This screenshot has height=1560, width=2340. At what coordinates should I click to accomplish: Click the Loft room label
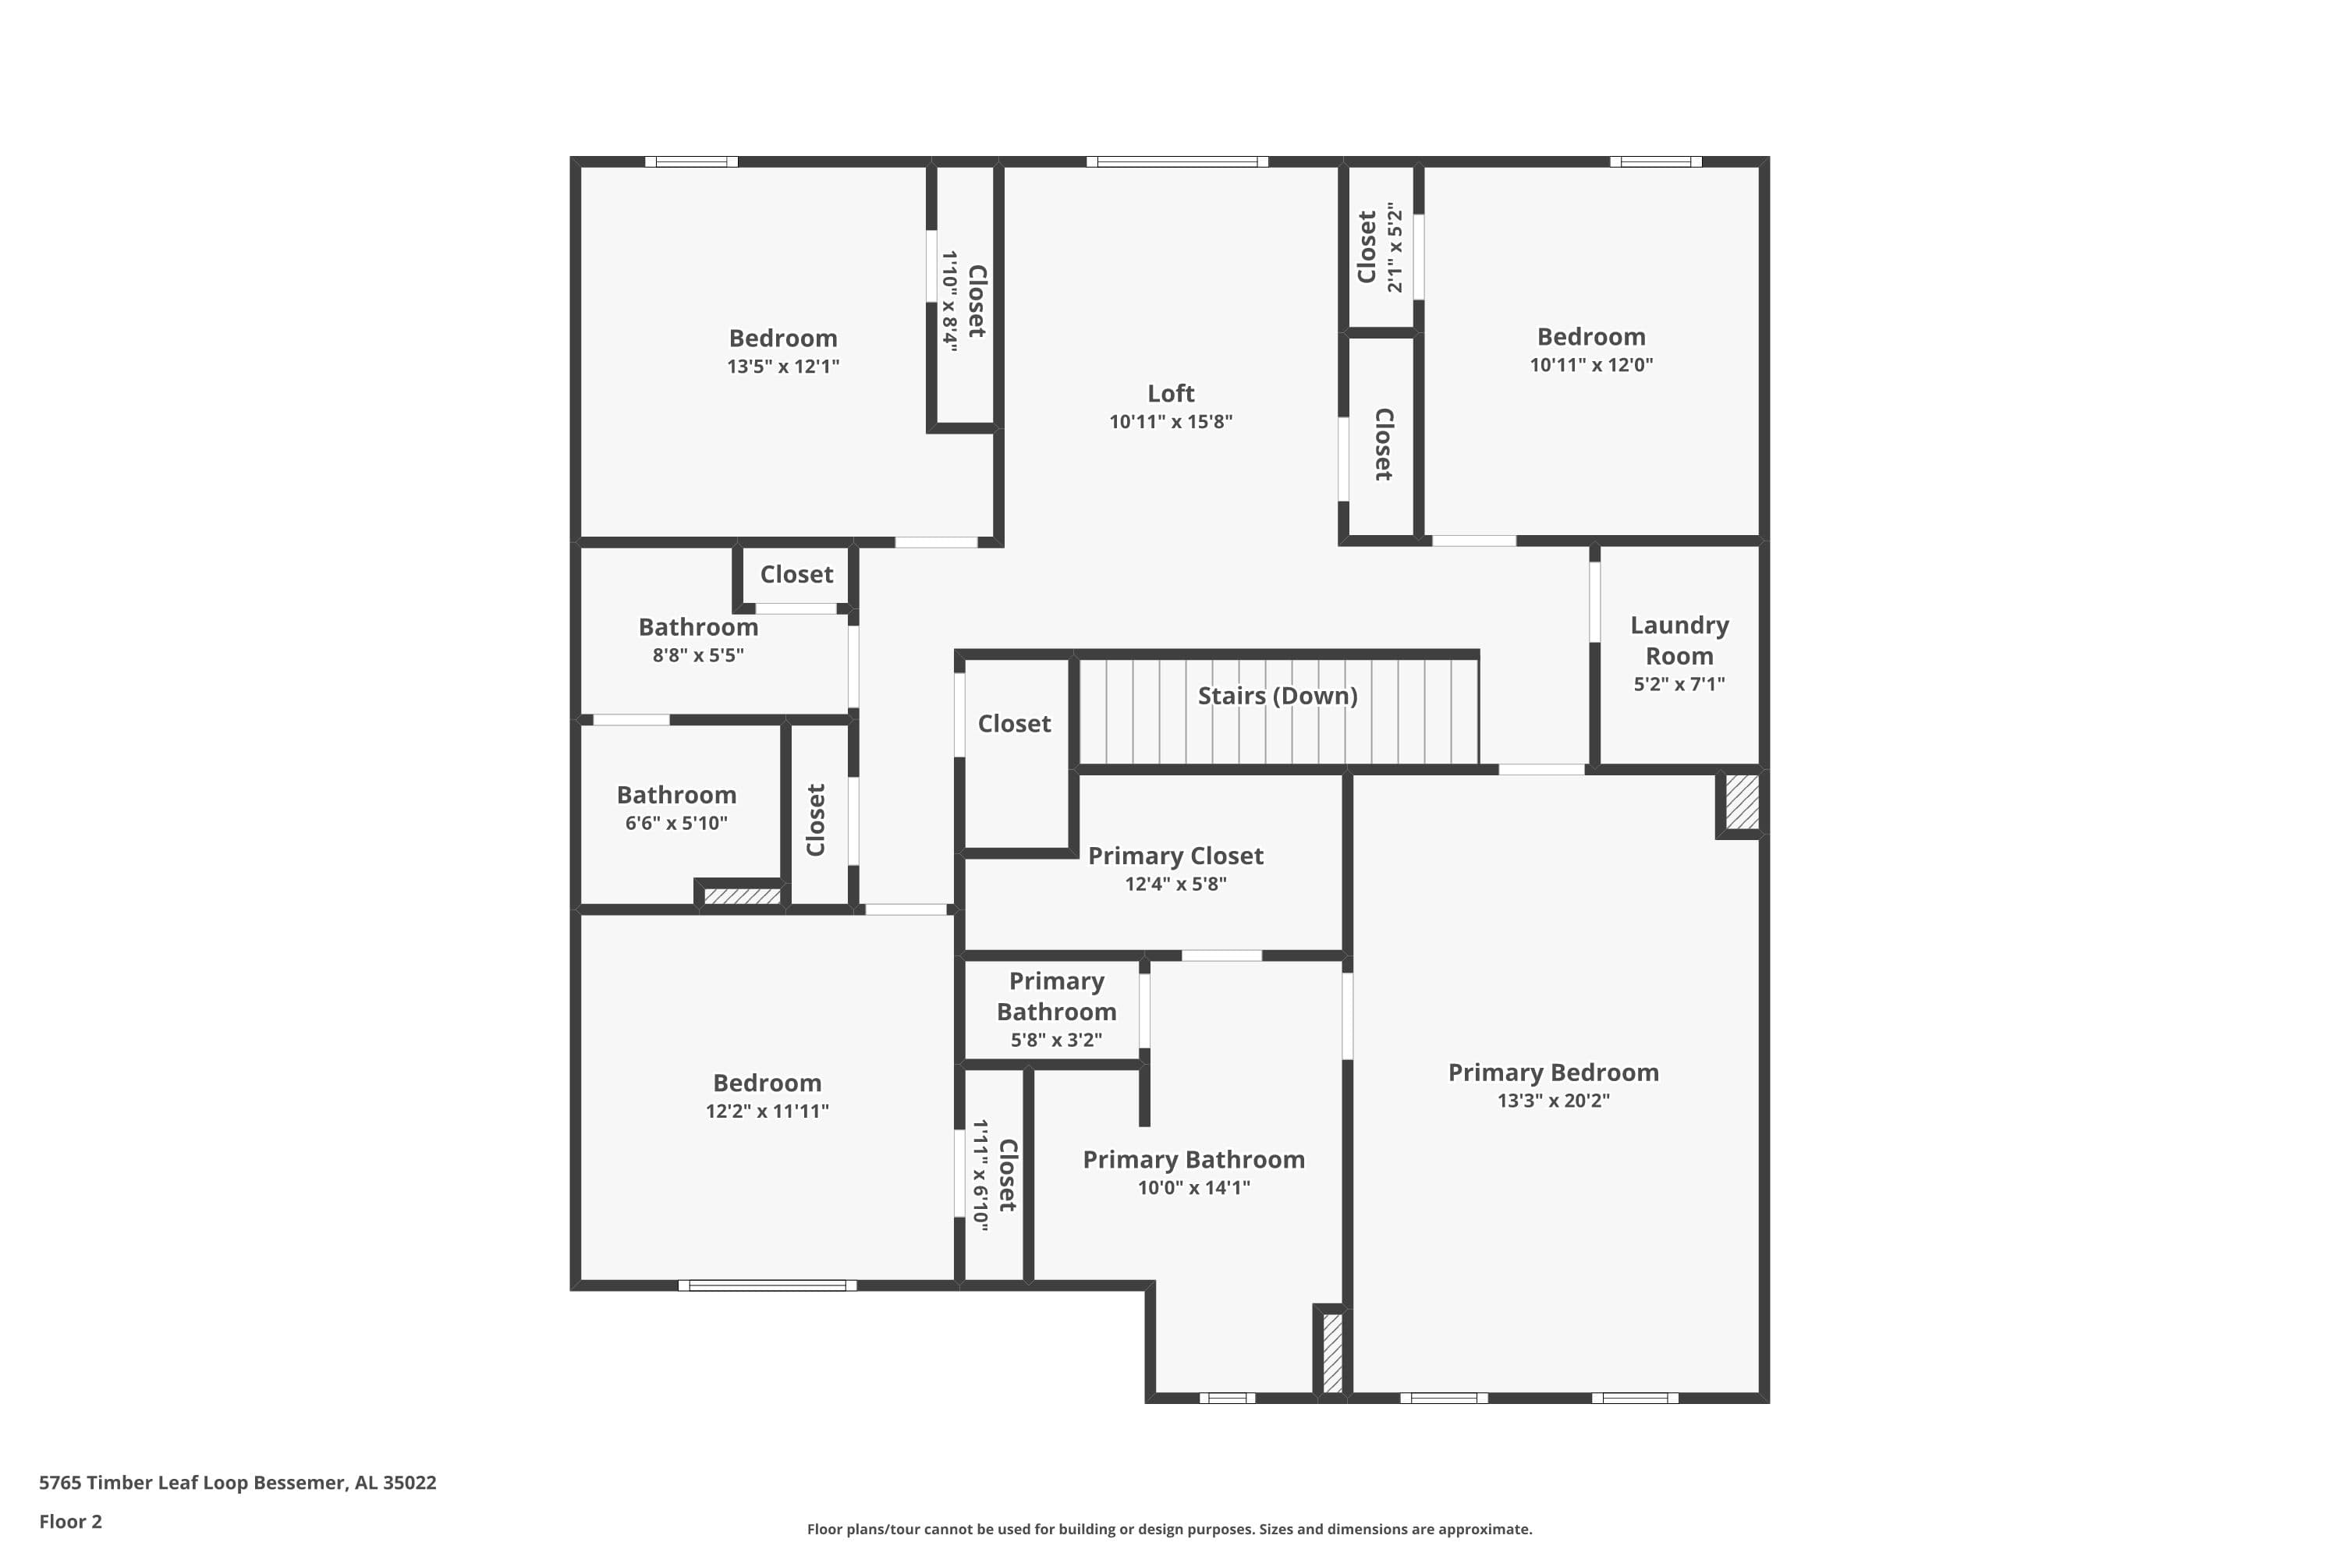click(x=1170, y=393)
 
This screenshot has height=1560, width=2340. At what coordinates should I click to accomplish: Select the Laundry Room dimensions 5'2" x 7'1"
click(x=1679, y=683)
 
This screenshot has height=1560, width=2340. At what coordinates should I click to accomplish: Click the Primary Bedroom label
click(x=1552, y=1072)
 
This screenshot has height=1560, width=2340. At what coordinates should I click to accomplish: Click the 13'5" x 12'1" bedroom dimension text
click(x=783, y=366)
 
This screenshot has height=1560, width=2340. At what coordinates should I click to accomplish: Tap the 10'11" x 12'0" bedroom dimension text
click(x=1591, y=364)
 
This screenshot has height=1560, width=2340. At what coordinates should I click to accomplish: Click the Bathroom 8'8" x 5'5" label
click(x=697, y=627)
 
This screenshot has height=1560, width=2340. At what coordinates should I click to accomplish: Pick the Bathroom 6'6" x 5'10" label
click(x=676, y=795)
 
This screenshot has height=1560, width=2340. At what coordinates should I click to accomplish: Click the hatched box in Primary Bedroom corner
click(x=1741, y=802)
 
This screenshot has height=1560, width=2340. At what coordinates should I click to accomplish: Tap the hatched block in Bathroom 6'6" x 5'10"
click(x=743, y=895)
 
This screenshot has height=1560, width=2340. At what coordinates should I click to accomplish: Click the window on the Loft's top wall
click(x=1176, y=161)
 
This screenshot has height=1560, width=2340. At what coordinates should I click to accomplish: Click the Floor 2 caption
click(x=69, y=1521)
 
